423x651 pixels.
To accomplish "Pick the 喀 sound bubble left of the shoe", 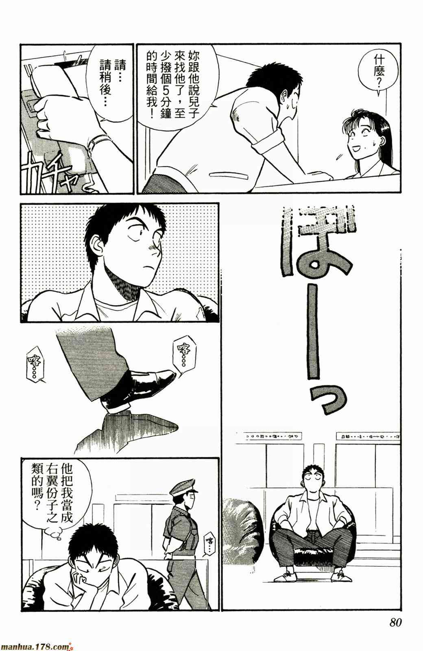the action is (x=35, y=364).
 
